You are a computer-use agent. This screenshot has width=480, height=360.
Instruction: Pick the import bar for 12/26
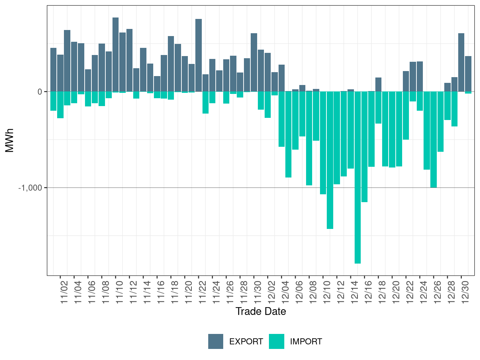click(x=434, y=139)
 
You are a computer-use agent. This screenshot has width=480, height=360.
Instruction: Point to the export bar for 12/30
click(x=461, y=62)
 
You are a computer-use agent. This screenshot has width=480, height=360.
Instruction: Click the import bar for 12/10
click(x=323, y=143)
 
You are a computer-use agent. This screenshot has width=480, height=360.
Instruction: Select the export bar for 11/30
click(x=254, y=62)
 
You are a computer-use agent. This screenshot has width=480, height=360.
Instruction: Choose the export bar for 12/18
click(x=378, y=84)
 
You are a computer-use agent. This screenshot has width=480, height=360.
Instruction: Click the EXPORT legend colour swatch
click(x=216, y=341)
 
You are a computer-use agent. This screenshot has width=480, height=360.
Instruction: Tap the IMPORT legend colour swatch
click(x=276, y=341)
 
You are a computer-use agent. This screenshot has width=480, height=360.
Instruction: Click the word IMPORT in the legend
click(x=306, y=342)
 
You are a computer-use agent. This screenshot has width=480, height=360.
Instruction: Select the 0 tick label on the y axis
click(x=40, y=92)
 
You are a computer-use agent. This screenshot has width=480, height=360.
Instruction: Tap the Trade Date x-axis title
click(x=261, y=311)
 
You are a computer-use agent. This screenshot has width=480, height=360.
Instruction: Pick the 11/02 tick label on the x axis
click(x=64, y=292)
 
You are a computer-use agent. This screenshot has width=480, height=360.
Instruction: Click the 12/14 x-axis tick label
click(x=355, y=292)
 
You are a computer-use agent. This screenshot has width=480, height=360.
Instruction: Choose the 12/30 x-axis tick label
click(x=465, y=292)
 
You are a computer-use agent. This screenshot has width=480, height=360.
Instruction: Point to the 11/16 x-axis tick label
click(x=161, y=292)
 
